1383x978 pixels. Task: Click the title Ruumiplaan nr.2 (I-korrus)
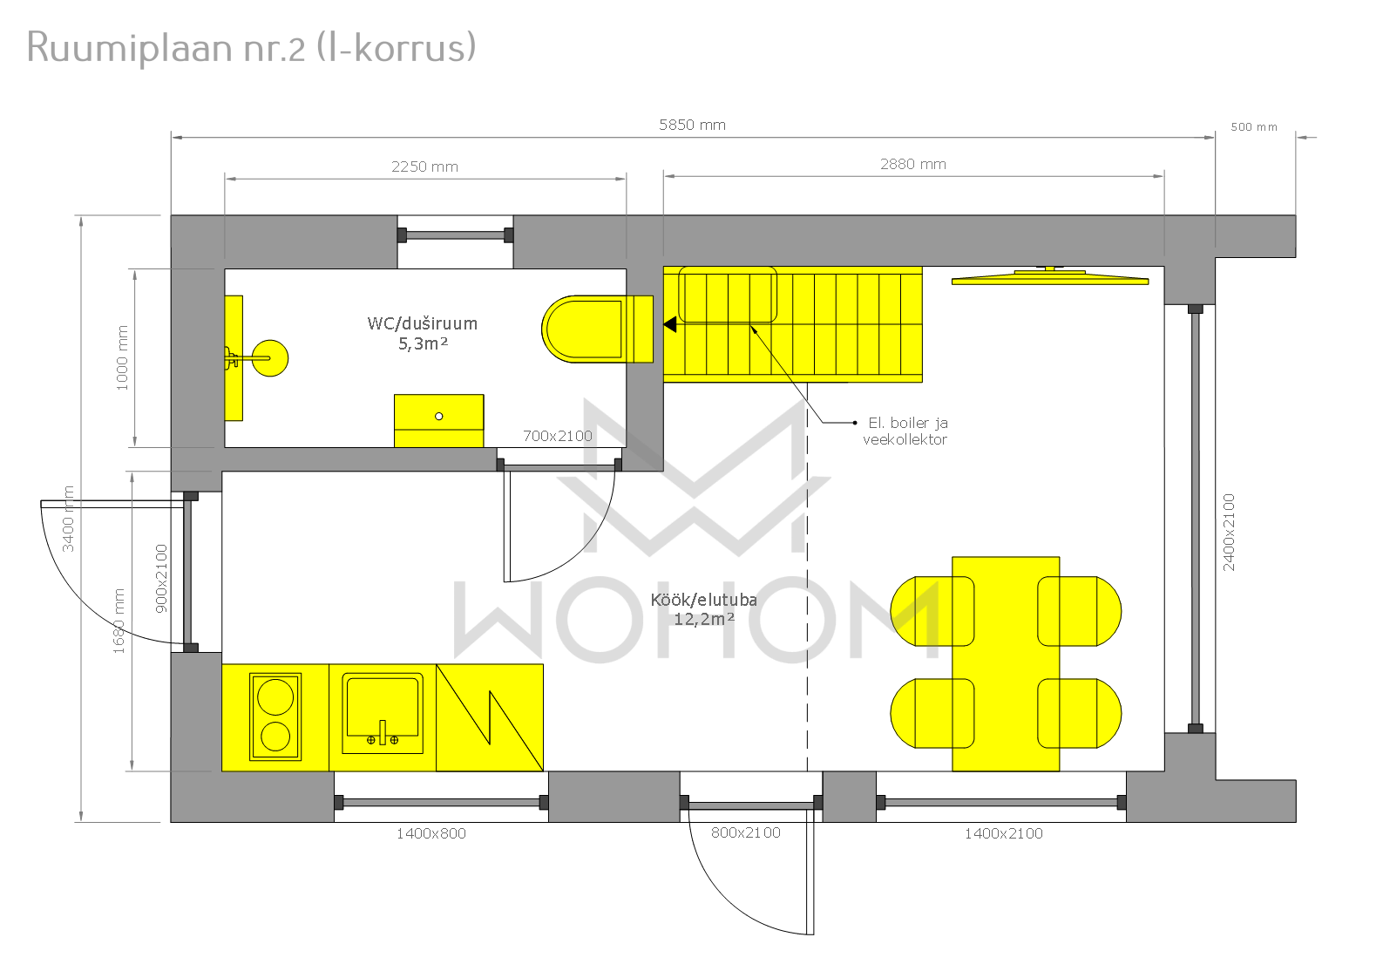click(x=251, y=48)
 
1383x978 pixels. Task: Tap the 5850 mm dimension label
click(x=692, y=125)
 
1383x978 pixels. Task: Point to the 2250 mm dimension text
click(x=424, y=166)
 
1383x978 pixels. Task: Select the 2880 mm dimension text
click(x=913, y=164)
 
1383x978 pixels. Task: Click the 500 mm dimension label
click(x=1254, y=127)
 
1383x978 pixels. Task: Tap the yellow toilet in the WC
click(x=597, y=329)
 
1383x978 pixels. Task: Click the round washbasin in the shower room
click(x=270, y=358)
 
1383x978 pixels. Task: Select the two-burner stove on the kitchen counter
click(x=275, y=717)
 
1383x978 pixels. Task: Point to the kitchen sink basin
click(x=383, y=713)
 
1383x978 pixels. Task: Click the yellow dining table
click(x=1006, y=663)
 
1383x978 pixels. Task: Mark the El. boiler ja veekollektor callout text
click(x=905, y=431)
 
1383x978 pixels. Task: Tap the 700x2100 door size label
click(x=558, y=436)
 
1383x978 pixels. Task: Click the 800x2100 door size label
click(x=746, y=832)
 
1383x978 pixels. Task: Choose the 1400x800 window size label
click(x=431, y=833)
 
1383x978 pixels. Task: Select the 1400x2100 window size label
click(x=1004, y=833)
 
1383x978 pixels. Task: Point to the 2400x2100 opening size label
click(x=1230, y=533)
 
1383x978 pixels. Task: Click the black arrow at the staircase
click(x=670, y=324)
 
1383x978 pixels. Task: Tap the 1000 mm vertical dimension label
click(x=122, y=358)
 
